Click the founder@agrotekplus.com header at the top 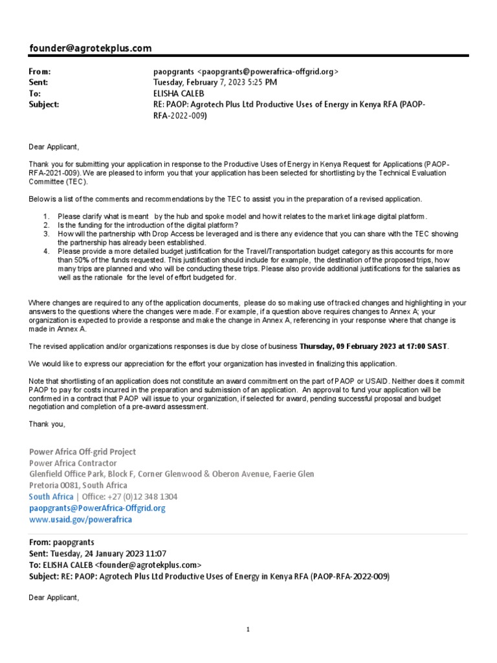91,49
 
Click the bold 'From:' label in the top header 39,72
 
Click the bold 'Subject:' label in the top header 44,104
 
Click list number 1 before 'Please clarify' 46,216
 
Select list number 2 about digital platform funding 46,225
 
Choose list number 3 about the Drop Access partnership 46,233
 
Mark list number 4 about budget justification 46,251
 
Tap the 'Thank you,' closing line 47,424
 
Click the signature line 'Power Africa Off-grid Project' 83,452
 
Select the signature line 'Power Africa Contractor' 73,463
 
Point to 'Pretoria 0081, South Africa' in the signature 78,485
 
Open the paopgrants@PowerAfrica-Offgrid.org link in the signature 97,508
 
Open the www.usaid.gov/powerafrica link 81,519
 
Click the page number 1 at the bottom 248,629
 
